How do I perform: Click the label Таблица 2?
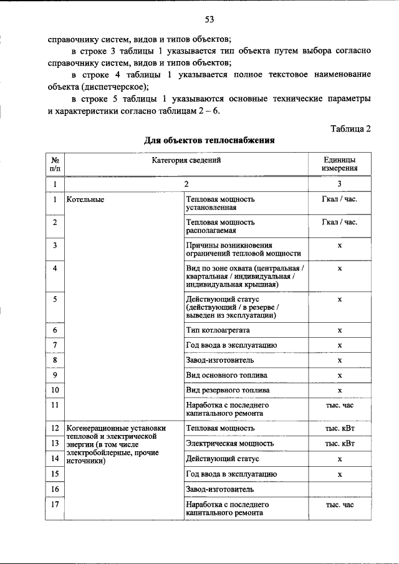(x=350, y=129)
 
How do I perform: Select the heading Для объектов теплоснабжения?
(x=209, y=141)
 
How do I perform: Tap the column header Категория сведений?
(x=186, y=160)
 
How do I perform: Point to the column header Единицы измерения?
(x=339, y=164)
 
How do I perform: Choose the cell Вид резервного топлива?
(x=228, y=390)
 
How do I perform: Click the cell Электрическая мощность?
(x=229, y=444)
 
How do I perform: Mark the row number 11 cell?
(x=55, y=405)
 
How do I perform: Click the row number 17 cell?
(x=55, y=505)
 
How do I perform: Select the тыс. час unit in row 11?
(x=339, y=405)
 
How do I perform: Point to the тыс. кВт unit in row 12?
(x=339, y=429)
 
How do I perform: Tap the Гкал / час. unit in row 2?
(x=339, y=222)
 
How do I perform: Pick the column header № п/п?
(x=55, y=164)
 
